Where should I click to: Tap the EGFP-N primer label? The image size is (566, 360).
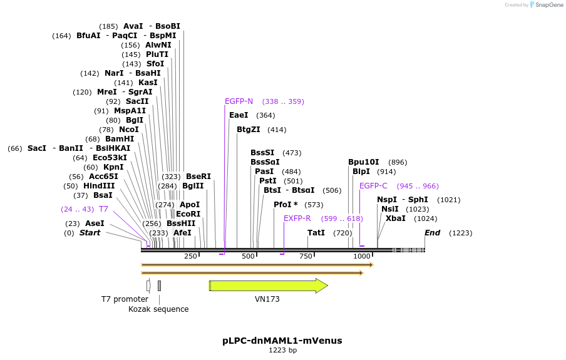pos(239,101)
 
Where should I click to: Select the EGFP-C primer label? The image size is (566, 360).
pos(373,186)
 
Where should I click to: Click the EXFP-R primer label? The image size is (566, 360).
pos(297,219)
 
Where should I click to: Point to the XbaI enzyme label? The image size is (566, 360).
pos(395,219)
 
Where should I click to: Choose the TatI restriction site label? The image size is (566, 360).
pos(316,233)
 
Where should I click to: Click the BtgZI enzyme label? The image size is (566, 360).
pos(249,130)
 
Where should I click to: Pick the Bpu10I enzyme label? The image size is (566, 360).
pos(364,162)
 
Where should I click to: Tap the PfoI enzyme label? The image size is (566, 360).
pos(286,205)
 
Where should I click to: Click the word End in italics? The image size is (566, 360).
pos(432,233)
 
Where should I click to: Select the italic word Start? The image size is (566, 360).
pos(90,233)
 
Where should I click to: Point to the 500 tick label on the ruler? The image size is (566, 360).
pos(249,256)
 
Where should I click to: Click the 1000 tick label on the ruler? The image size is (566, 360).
pos(362,256)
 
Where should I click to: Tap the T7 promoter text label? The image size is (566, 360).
pos(125,299)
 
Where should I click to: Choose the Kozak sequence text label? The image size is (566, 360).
pos(158,309)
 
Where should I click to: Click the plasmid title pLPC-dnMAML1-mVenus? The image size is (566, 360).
pos(282,341)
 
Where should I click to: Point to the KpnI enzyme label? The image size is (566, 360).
pos(113,167)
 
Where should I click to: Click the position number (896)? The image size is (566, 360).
pos(398,162)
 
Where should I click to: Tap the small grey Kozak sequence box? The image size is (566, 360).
pos(160,285)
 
